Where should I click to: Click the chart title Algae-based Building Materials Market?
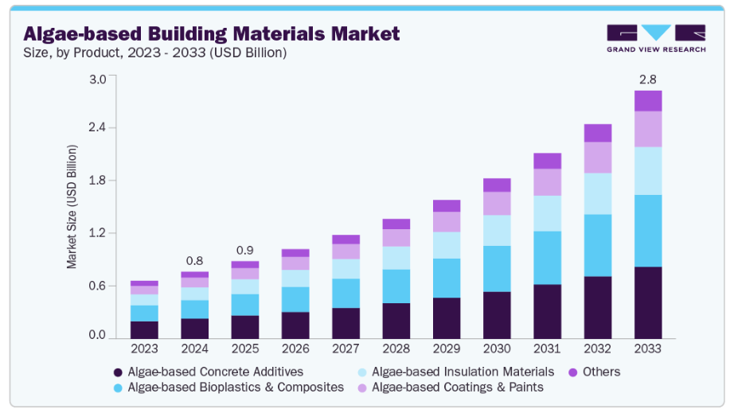(x=211, y=34)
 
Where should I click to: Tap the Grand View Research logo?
(x=655, y=37)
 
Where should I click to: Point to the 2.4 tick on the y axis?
(x=97, y=128)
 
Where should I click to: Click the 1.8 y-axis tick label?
(x=97, y=181)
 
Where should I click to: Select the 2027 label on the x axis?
(x=346, y=349)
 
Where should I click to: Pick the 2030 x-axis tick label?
(x=497, y=349)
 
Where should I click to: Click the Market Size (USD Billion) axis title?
(x=72, y=207)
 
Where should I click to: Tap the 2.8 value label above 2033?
(x=647, y=80)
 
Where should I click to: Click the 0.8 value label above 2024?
(x=194, y=260)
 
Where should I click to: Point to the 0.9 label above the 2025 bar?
(x=244, y=250)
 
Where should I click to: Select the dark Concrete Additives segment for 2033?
(x=647, y=302)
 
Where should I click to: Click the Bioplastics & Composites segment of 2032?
(x=597, y=245)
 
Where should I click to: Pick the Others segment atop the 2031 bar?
(x=547, y=161)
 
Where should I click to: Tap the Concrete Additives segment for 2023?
(x=144, y=329)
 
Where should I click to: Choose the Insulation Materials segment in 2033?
(x=647, y=170)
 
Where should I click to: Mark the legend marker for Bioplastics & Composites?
(x=118, y=388)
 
